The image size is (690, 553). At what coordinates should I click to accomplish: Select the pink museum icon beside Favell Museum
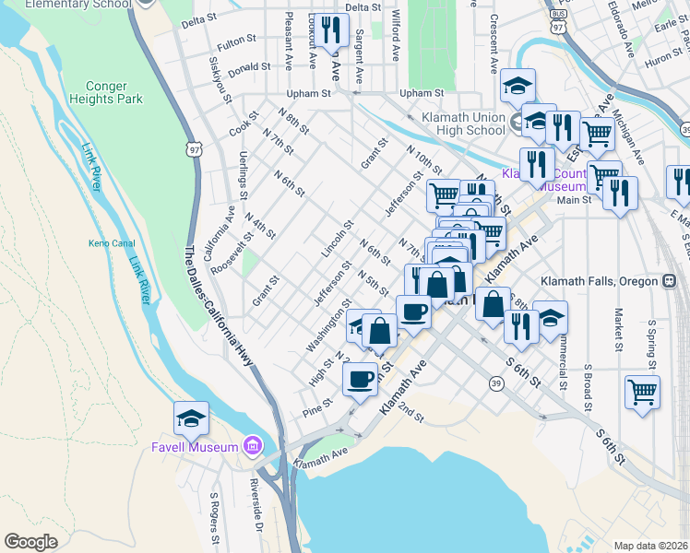[x=252, y=448]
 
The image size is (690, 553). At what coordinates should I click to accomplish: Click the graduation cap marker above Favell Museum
[x=191, y=419]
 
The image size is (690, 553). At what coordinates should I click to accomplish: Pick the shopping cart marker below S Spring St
[x=642, y=391]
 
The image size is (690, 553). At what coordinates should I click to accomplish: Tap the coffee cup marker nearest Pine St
[x=360, y=378]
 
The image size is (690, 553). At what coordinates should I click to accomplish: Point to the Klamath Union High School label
[x=464, y=124]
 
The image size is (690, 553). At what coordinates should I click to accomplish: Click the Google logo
[x=30, y=542]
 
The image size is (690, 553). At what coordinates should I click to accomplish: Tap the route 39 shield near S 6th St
[x=496, y=383]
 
